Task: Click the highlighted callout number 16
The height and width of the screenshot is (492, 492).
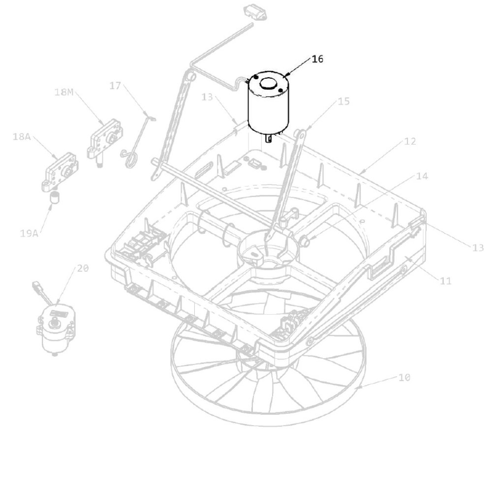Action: [317, 59]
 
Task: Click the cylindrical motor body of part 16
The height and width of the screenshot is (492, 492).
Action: [267, 103]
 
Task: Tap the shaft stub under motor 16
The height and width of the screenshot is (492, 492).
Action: [268, 138]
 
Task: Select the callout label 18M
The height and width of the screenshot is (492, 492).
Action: [64, 92]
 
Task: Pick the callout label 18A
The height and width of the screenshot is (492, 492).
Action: [22, 136]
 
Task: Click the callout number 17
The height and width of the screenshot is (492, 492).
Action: [115, 85]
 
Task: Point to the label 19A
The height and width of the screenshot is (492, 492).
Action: [29, 233]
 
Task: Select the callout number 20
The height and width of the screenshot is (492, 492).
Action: [83, 268]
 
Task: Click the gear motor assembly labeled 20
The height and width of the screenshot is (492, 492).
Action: [55, 330]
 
